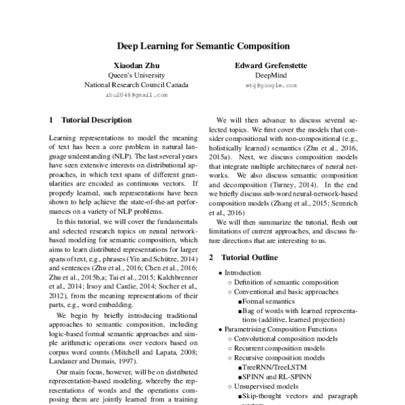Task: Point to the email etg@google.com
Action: [x=271, y=86]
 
